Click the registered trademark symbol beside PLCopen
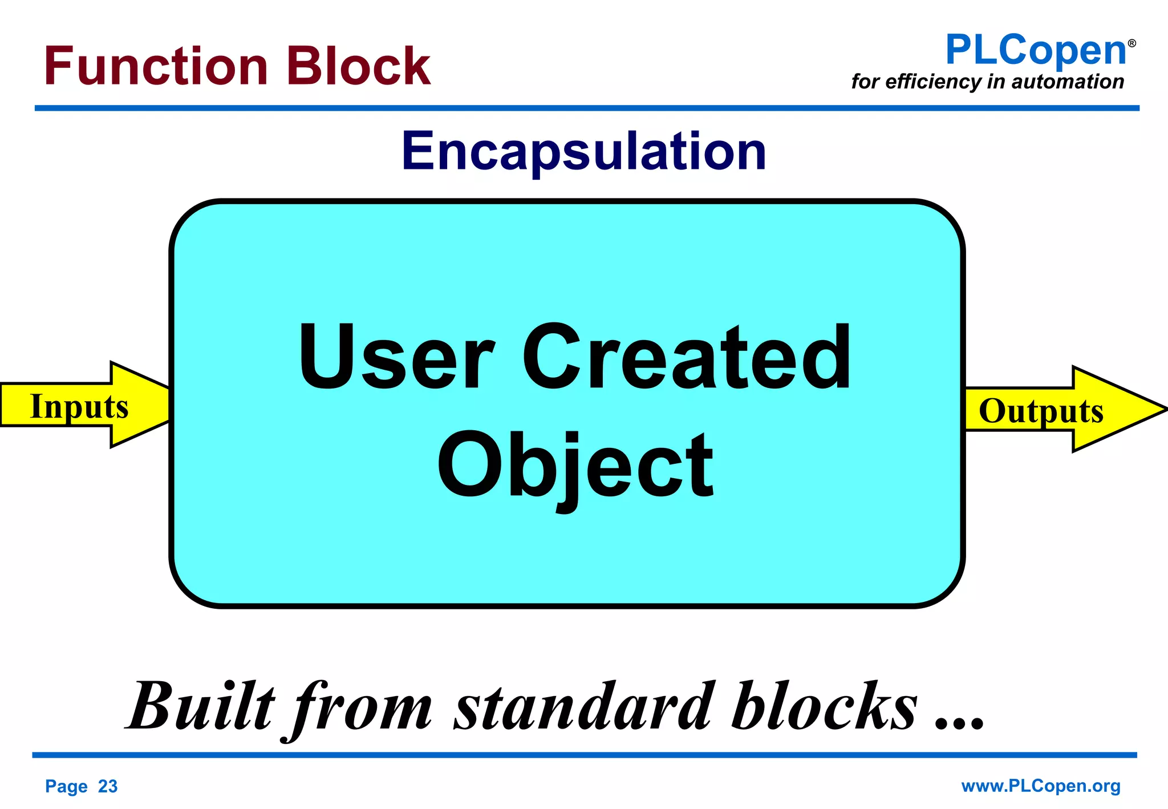(x=1132, y=43)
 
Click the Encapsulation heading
(x=584, y=151)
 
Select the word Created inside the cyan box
(x=687, y=357)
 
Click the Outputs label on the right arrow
(x=1041, y=410)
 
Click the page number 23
(x=107, y=786)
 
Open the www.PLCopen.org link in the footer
(x=1041, y=786)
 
